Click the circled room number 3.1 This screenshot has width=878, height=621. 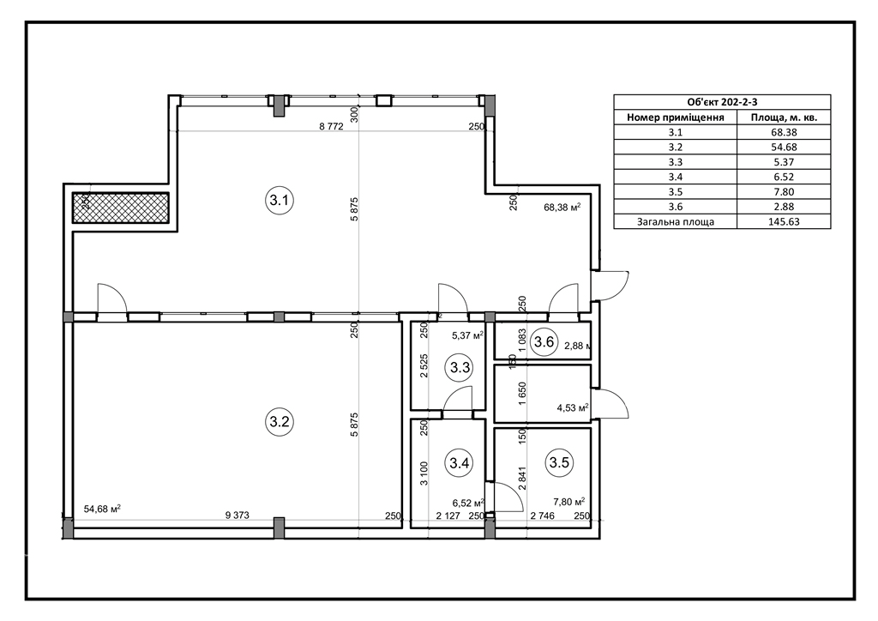tap(279, 200)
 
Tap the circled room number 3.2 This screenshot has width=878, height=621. tap(279, 421)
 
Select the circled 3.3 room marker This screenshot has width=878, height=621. tap(460, 367)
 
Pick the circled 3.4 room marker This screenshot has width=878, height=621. tap(460, 463)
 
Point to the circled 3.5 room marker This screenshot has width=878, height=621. tap(559, 462)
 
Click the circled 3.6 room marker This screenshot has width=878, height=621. tap(544, 341)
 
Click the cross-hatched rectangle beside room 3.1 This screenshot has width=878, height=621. tap(120, 208)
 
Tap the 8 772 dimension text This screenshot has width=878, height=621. tap(331, 127)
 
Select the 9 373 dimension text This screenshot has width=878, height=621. tap(237, 515)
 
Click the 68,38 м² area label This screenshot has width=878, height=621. tap(562, 208)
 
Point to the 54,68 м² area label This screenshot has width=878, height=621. tap(103, 509)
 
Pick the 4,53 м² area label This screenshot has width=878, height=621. tap(572, 407)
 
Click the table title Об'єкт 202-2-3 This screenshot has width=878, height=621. tap(722, 102)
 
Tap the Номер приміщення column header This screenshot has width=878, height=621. tap(676, 118)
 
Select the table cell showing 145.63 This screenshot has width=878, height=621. tap(784, 222)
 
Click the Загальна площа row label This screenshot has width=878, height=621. tap(676, 222)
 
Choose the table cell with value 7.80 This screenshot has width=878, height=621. tap(784, 191)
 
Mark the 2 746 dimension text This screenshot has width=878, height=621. tap(542, 515)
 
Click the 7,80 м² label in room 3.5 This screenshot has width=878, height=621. tap(569, 502)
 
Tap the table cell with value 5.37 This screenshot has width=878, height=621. tap(784, 162)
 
